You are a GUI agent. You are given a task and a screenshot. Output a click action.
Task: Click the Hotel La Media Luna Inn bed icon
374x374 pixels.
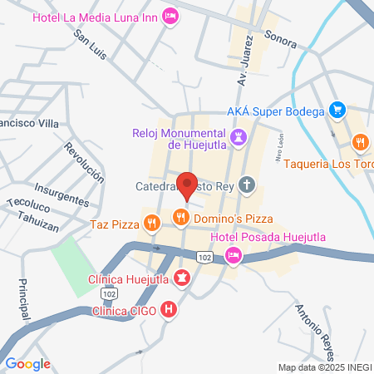point(171,16)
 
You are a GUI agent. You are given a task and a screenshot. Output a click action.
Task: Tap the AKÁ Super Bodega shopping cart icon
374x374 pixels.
point(337,109)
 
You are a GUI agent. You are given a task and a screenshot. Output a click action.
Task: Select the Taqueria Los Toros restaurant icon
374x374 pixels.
point(360,142)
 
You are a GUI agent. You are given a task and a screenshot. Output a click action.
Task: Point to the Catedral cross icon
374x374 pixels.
point(247,185)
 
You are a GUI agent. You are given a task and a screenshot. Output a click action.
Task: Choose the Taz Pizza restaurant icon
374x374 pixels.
point(150,223)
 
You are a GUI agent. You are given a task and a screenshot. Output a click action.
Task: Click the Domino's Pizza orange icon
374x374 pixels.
point(180,218)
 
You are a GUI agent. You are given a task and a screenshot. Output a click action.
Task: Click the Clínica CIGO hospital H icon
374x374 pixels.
point(170,311)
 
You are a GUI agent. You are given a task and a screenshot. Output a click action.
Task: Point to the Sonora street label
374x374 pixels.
point(279,37)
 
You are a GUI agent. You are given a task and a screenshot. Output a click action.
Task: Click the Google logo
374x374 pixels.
point(27,363)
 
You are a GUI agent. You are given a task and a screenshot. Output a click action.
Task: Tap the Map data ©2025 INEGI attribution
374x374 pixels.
point(323,367)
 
